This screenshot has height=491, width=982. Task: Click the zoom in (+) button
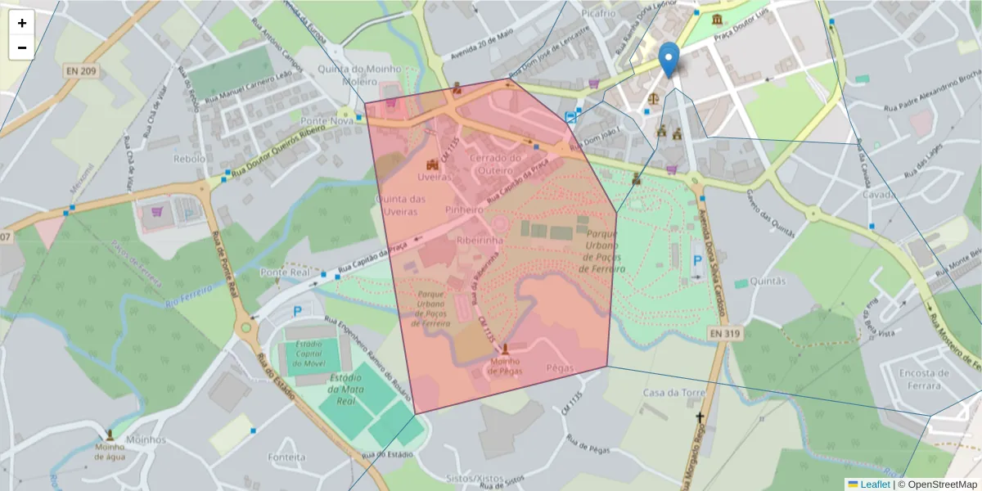(22, 23)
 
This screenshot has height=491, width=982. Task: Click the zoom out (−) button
(22, 47)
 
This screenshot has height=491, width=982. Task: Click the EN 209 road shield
(81, 72)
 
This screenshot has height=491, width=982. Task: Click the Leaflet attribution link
(874, 484)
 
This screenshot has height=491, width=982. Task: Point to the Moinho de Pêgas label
(505, 366)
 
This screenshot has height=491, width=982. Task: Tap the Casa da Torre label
(673, 393)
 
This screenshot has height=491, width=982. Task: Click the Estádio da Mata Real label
(345, 390)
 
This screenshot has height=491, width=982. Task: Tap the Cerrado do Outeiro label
(494, 164)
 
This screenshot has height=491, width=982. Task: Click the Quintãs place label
(767, 281)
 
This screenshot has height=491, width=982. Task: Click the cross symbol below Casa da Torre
(699, 418)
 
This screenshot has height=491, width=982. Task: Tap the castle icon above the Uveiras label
(431, 164)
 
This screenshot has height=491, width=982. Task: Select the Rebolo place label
(190, 159)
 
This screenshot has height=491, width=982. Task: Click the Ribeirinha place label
(480, 240)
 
